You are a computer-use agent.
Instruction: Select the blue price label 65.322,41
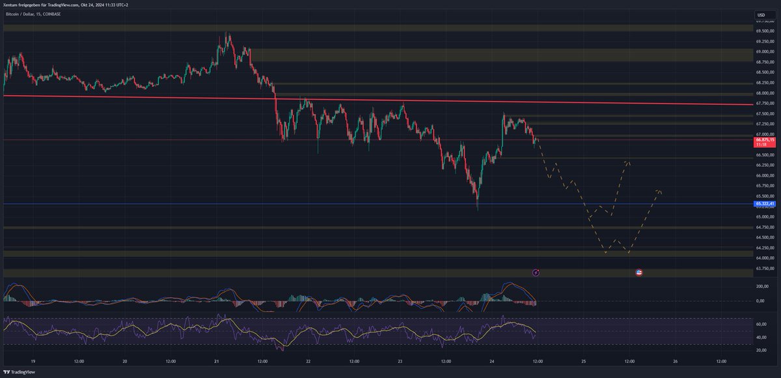(765, 204)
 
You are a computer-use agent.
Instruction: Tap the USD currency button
(760, 14)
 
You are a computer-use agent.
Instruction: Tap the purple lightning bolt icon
(536, 272)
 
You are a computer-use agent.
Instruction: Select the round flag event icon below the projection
(639, 272)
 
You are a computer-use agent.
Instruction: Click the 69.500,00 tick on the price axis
(765, 31)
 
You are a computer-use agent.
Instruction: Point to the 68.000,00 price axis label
(765, 93)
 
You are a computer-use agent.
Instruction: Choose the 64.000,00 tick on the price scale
(765, 257)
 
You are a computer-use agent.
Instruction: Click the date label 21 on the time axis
(216, 360)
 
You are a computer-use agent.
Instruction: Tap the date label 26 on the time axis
(676, 360)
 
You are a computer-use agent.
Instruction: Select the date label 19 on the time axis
(33, 360)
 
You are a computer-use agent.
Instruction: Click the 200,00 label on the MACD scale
(762, 286)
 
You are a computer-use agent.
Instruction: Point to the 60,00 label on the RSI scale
(761, 323)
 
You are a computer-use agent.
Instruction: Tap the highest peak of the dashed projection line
(627, 160)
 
